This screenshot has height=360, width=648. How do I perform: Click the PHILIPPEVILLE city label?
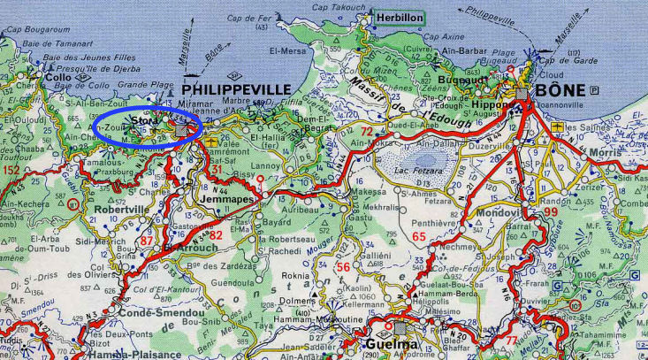236,91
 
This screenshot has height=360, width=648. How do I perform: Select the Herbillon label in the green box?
398,17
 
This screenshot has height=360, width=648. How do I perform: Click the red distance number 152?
11,169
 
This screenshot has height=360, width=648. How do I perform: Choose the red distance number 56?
318,266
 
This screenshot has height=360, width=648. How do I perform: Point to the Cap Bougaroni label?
32,29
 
